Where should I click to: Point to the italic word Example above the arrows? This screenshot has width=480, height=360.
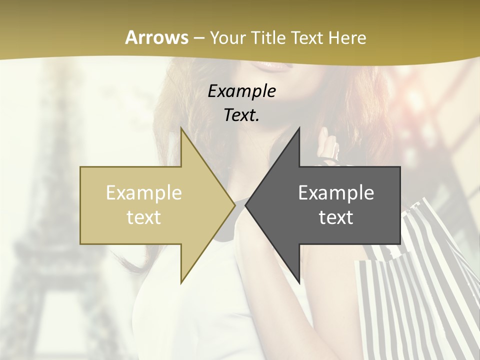[241, 91]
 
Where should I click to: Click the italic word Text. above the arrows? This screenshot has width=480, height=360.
[241, 115]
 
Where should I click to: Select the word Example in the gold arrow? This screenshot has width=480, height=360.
[143, 193]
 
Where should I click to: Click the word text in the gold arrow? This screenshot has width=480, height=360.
[143, 217]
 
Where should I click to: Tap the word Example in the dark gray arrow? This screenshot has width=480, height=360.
[336, 193]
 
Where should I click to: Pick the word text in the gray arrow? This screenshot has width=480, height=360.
[336, 217]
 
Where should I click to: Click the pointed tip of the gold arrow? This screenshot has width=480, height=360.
[234, 205]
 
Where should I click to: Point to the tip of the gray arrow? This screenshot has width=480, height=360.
[246, 205]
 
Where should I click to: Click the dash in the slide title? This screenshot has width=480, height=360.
[198, 38]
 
